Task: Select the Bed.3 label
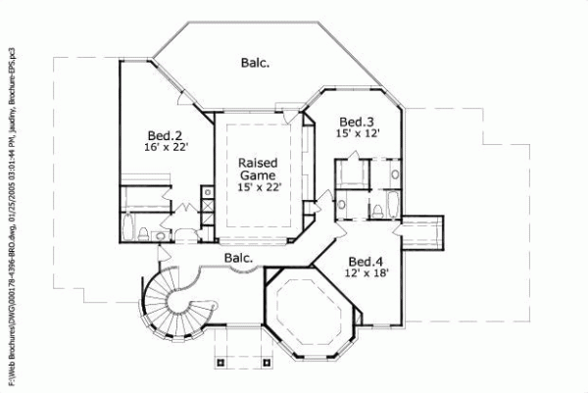click(355, 119)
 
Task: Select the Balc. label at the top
click(256, 62)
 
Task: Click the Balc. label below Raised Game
click(238, 259)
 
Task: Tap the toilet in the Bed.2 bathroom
click(144, 231)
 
